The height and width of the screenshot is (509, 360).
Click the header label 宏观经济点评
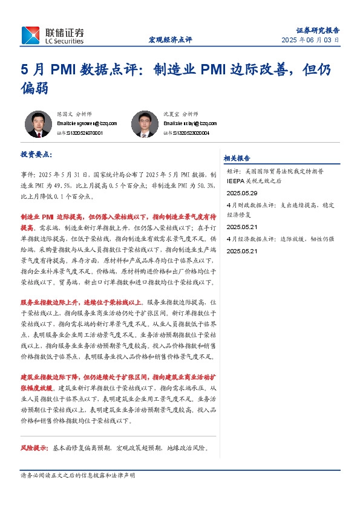(170, 40)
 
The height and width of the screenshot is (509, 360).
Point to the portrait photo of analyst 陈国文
(38, 124)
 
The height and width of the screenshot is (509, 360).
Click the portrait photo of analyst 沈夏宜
(144, 124)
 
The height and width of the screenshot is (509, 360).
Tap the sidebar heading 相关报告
(237, 158)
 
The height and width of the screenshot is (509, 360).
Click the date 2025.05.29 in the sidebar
(241, 193)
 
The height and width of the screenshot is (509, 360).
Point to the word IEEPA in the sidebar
(237, 181)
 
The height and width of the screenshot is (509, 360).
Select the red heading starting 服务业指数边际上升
(82, 302)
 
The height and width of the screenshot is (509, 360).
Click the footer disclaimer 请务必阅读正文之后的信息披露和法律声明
(78, 476)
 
